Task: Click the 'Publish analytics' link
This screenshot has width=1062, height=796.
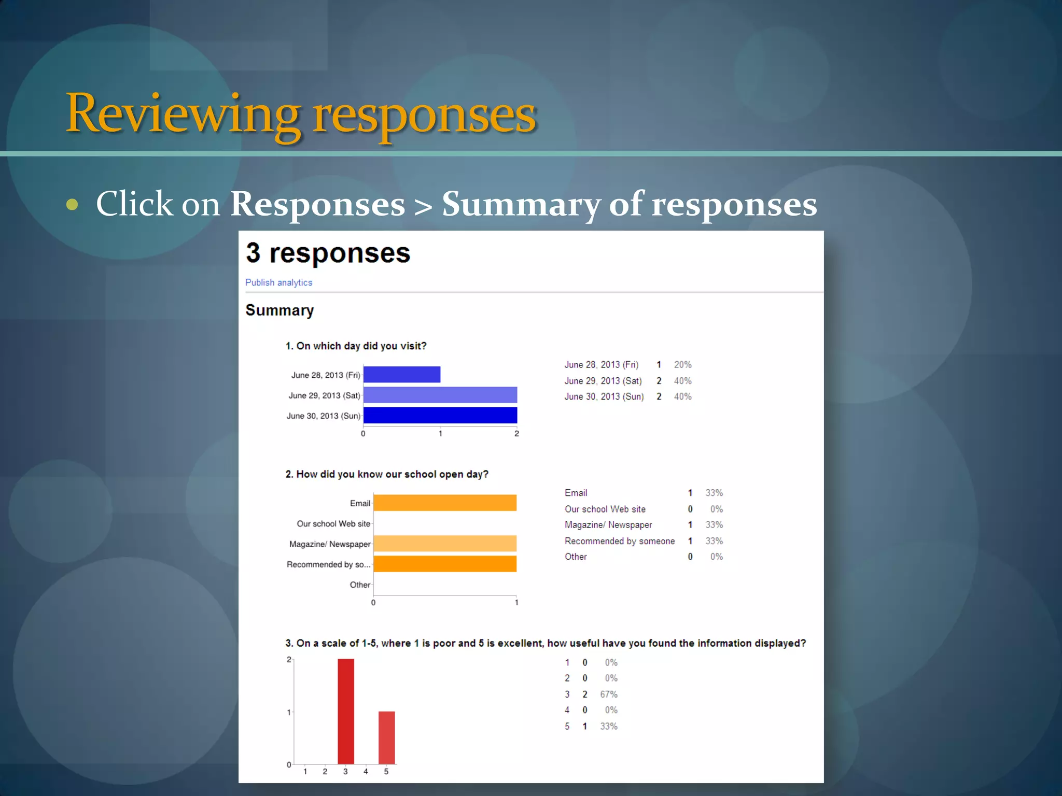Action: click(x=278, y=282)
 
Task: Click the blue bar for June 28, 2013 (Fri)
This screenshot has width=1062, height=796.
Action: click(x=402, y=375)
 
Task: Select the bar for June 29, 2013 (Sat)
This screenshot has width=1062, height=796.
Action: click(x=440, y=395)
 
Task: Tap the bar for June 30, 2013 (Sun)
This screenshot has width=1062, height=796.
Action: click(x=440, y=415)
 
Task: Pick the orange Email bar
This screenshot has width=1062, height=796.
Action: click(x=444, y=503)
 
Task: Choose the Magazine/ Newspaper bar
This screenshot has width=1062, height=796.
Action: click(x=444, y=544)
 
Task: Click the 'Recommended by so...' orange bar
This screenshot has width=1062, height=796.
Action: click(x=444, y=564)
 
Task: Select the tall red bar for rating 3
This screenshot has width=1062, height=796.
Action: click(x=346, y=711)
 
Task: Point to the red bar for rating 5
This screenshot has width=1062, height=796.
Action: click(x=386, y=737)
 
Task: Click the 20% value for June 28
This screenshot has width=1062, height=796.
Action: click(x=682, y=365)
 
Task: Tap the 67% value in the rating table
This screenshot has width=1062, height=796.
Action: click(x=609, y=694)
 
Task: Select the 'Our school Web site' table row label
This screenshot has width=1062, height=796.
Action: click(x=605, y=509)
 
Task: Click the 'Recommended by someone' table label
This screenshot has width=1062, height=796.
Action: click(x=620, y=541)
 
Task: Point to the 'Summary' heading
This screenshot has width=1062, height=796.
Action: click(x=280, y=310)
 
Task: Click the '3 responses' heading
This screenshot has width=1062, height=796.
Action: click(x=328, y=253)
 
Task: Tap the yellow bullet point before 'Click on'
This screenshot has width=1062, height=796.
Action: click(x=72, y=205)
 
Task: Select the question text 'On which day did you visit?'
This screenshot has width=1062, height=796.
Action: click(x=361, y=346)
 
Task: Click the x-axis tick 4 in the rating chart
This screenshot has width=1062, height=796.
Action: click(x=366, y=772)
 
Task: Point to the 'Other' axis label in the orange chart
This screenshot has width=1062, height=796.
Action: click(x=360, y=585)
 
